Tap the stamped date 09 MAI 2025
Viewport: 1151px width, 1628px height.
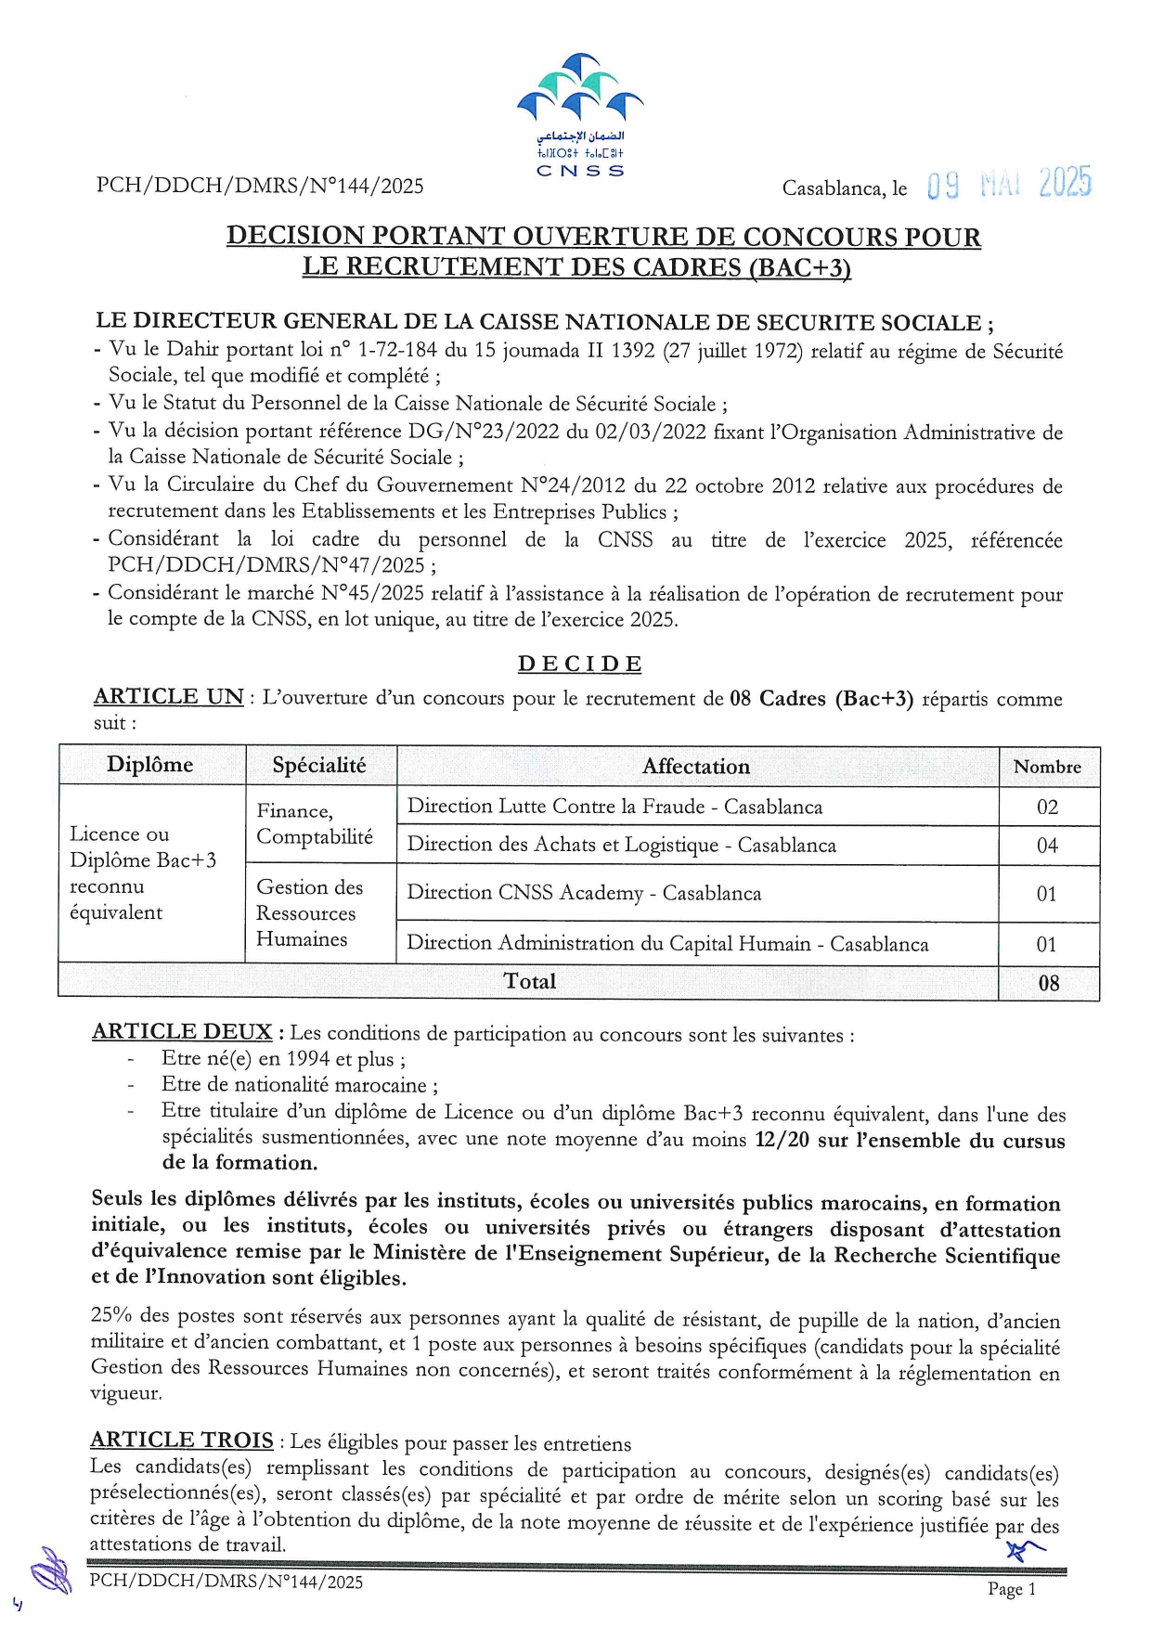point(1009,185)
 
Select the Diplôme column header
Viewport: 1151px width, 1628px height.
point(150,765)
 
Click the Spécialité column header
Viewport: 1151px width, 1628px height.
point(319,766)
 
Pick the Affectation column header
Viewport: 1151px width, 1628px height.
point(696,767)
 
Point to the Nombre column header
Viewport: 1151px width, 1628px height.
point(1047,767)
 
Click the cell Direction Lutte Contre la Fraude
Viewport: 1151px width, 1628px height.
point(614,807)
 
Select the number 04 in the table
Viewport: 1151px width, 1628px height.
point(1047,846)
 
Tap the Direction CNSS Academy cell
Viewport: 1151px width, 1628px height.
point(584,893)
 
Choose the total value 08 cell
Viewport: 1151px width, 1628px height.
point(1048,983)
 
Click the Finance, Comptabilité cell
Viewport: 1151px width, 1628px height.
point(315,824)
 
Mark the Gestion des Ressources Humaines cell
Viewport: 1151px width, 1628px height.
point(309,913)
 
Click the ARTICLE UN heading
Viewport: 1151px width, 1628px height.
point(168,697)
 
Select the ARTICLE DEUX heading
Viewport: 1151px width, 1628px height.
point(182,1032)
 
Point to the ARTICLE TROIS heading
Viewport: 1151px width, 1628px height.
point(182,1440)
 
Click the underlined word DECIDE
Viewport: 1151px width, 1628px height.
point(579,665)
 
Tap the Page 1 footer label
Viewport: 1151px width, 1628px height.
point(1011,1589)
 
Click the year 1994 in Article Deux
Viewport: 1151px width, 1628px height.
point(307,1059)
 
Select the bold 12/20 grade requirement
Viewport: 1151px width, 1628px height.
point(782,1139)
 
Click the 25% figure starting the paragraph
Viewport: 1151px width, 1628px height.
point(111,1315)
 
